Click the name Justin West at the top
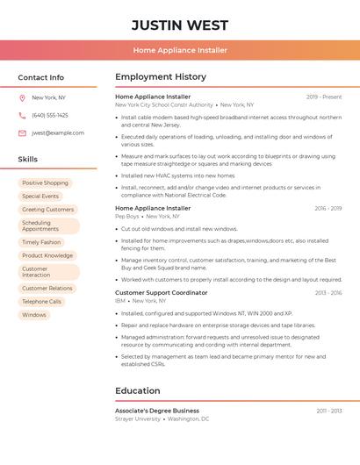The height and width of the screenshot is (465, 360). pos(180,25)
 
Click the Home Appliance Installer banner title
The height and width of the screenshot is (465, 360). pos(180,50)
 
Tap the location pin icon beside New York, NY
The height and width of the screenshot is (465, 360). pos(22,97)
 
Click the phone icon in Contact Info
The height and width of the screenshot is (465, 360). pos(22,115)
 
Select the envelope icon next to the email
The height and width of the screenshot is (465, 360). pos(22,133)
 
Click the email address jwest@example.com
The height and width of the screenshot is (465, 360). pos(58,133)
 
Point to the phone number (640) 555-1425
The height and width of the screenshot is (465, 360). pos(50,115)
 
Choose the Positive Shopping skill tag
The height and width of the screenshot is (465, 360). pos(45,183)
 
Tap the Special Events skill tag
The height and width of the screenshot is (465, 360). pos(40,197)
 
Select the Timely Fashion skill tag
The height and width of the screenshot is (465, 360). pos(41,242)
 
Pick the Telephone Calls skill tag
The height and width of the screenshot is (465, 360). pos(42,302)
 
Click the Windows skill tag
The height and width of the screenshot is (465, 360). pos(34,315)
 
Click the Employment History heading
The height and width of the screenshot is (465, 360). pos(161,77)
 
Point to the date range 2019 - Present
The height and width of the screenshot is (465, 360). pos(324,97)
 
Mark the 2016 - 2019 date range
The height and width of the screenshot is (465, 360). pos(328,209)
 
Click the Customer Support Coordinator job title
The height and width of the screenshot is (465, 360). pos(162,293)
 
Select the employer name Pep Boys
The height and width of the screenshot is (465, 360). pos(127,216)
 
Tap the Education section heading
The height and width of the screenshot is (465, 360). pos(137,391)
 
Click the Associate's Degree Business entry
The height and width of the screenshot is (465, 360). pos(157,411)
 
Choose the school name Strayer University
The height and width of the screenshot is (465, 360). pos(138,419)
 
